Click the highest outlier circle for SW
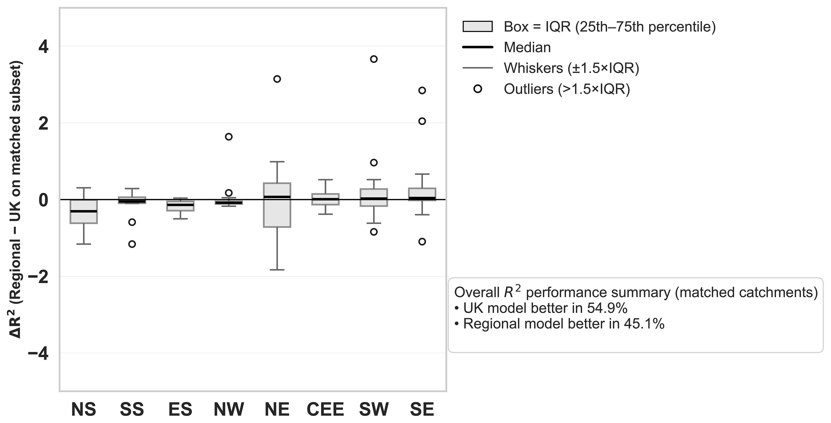click(x=374, y=59)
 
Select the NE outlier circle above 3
click(x=277, y=79)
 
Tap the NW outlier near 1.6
click(x=228, y=137)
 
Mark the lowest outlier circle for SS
click(x=132, y=244)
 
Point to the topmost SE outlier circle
click(x=422, y=90)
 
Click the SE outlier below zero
click(x=422, y=242)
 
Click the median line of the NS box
click(x=84, y=211)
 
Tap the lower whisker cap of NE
click(x=277, y=270)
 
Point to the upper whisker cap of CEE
click(x=325, y=179)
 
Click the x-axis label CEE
click(x=325, y=409)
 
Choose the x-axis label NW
click(x=229, y=409)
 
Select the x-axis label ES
click(x=180, y=409)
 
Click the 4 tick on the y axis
click(x=43, y=47)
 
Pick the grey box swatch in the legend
click(x=477, y=27)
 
